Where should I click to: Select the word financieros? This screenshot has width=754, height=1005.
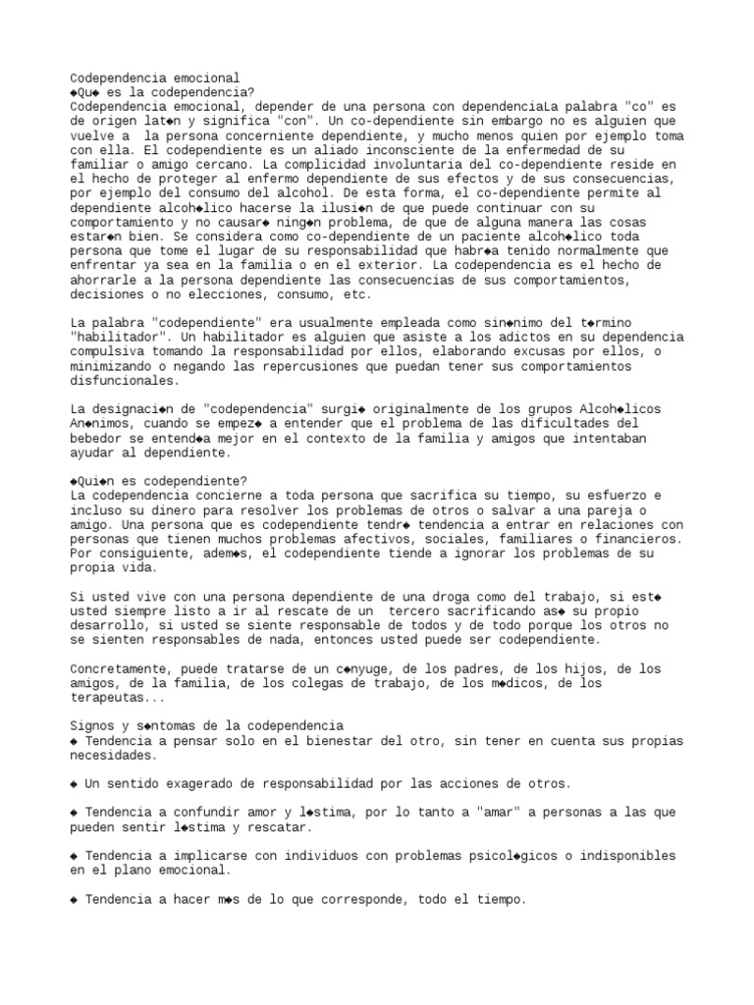[x=640, y=539]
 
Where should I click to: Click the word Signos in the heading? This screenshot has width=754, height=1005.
[x=91, y=727]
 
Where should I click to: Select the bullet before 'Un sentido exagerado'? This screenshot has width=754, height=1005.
[x=75, y=784]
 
